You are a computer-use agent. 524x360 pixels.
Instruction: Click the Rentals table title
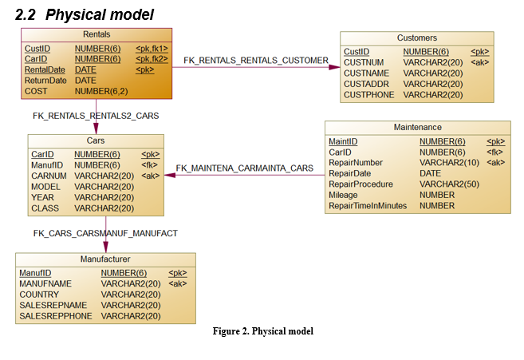click(x=97, y=34)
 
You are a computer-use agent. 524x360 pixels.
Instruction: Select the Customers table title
click(x=417, y=38)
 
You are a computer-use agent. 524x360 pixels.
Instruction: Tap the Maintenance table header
click(x=417, y=127)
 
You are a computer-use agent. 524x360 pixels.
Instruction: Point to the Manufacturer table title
click(x=105, y=259)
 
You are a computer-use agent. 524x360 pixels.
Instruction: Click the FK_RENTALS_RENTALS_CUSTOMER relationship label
click(x=256, y=61)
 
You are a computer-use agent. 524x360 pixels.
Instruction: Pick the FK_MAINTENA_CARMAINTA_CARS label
click(x=244, y=168)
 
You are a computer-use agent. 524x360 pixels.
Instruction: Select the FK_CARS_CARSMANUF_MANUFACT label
click(x=105, y=233)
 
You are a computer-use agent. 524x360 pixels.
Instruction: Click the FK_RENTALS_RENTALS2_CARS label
click(x=96, y=116)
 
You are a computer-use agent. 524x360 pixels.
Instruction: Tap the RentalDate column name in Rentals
click(x=45, y=69)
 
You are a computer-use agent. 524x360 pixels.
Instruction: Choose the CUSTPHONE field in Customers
click(x=368, y=94)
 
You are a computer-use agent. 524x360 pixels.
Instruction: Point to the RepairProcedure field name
click(x=360, y=184)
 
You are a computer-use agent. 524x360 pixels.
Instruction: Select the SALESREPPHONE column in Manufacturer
click(x=56, y=316)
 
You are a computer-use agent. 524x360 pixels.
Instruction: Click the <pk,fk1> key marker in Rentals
click(x=152, y=48)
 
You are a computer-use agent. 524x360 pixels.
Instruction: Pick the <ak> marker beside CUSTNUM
click(x=480, y=62)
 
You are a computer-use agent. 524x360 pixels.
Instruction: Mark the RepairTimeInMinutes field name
click(x=368, y=206)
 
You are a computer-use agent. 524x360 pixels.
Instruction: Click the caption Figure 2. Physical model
click(x=263, y=331)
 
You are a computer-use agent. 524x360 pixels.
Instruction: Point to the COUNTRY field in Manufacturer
click(x=39, y=294)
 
